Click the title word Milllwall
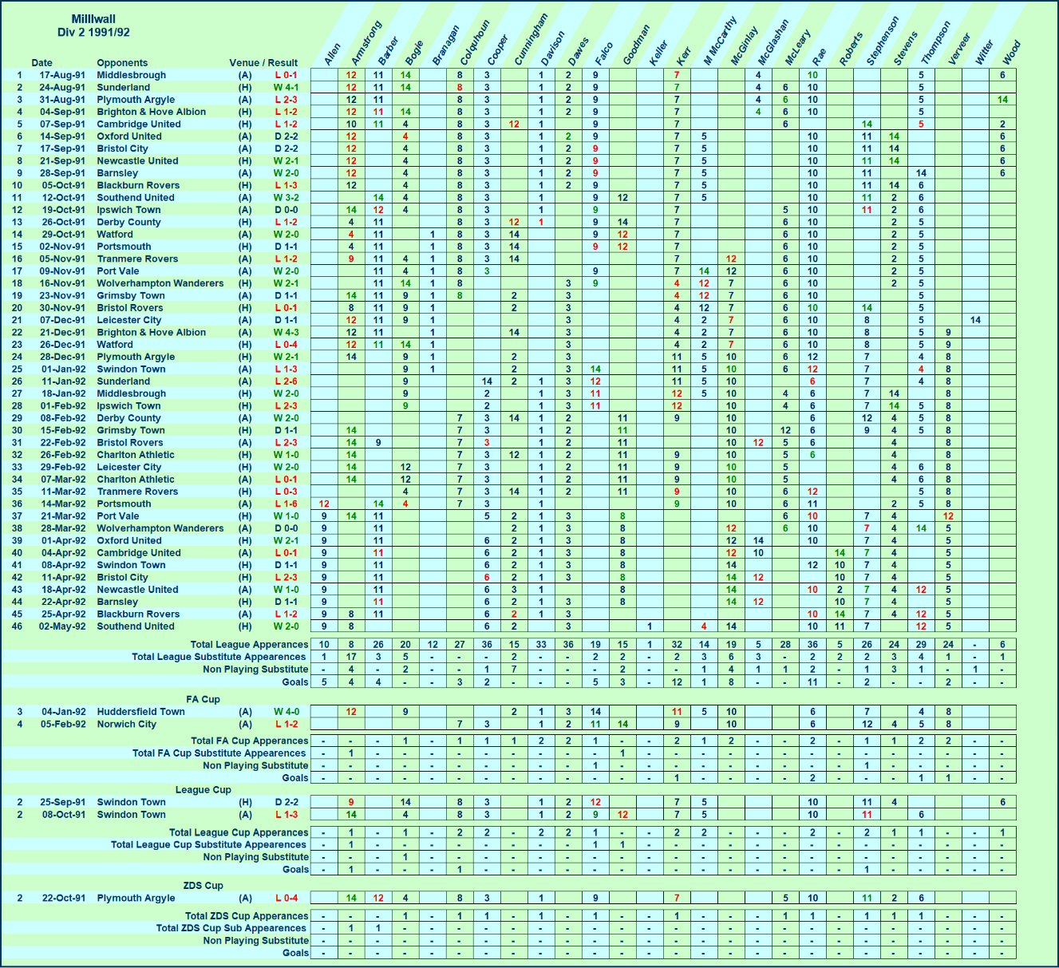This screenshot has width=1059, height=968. tap(93, 19)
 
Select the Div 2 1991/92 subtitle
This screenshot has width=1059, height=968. tap(93, 33)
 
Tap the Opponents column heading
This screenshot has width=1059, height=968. tap(122, 63)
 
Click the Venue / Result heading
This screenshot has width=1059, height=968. tap(263, 63)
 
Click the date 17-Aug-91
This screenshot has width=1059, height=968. tap(63, 75)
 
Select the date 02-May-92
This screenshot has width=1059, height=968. tap(63, 626)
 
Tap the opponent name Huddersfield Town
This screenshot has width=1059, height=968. tap(140, 712)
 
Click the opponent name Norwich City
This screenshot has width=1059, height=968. tap(126, 725)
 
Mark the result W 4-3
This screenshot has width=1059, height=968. tap(286, 333)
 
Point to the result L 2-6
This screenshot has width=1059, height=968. tap(286, 381)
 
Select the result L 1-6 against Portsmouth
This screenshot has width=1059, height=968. tap(286, 504)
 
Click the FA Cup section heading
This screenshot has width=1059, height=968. tap(203, 700)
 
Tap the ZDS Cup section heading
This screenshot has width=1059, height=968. tap(203, 886)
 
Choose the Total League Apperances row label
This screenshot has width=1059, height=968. tap(249, 645)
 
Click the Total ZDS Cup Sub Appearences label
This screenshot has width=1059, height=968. tap(231, 929)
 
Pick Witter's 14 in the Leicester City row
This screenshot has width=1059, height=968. tap(975, 320)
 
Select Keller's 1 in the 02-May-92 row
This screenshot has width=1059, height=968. tap(650, 626)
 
